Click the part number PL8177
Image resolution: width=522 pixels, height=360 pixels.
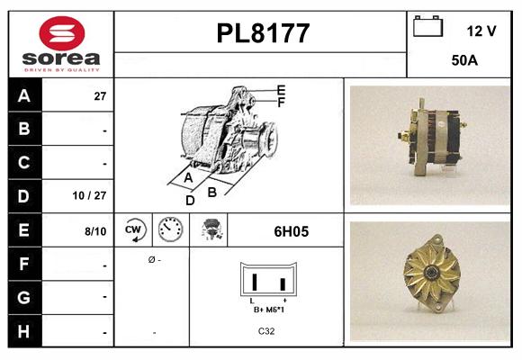tap(263, 33)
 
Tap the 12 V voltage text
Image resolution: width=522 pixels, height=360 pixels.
tap(481, 31)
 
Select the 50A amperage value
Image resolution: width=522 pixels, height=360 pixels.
tap(463, 61)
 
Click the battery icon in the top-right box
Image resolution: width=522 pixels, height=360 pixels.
tap(427, 28)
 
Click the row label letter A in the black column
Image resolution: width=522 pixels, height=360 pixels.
tap(24, 95)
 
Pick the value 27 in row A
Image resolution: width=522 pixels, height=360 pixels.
tap(101, 95)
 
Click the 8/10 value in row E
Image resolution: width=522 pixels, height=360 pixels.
tap(95, 231)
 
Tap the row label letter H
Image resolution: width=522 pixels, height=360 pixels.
tap(24, 331)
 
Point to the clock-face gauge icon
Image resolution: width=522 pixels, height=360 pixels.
tap(169, 230)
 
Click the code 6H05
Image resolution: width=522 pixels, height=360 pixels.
tap(291, 231)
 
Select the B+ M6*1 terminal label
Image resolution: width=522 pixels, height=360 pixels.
tap(269, 309)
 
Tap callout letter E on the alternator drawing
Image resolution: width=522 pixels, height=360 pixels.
tap(281, 90)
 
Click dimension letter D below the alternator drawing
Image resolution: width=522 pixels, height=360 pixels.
tap(190, 201)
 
